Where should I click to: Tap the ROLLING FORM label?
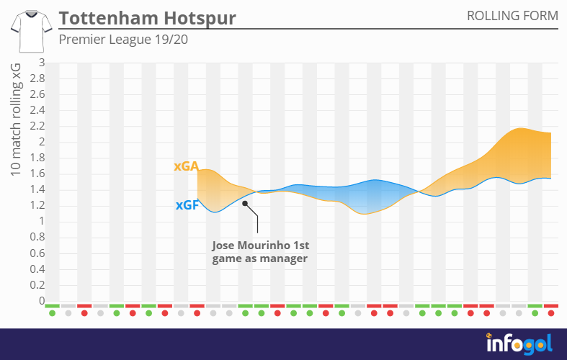512,16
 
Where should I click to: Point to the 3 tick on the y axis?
42,63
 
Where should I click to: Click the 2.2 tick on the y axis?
37,126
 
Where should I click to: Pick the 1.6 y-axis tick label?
37,174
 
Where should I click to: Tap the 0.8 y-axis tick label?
37,238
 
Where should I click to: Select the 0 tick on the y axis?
42,301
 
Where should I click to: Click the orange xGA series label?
186,166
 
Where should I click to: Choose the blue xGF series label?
187,205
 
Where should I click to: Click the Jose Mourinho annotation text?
260,252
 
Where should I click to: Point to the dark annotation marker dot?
245,204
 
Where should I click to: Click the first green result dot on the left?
52,313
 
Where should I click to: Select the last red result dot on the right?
551,313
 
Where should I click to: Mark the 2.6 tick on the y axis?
37,94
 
